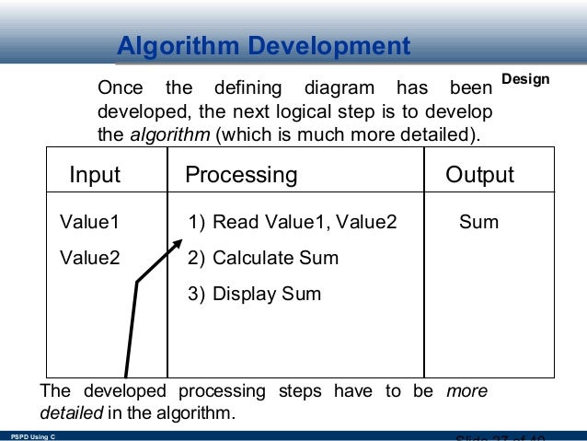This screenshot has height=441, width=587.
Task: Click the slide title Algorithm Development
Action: [264, 46]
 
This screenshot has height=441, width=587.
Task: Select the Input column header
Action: [96, 175]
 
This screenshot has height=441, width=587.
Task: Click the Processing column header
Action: [241, 175]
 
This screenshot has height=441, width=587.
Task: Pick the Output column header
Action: [479, 175]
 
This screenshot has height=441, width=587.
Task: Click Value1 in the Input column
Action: [89, 222]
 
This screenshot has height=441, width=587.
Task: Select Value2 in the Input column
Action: [89, 258]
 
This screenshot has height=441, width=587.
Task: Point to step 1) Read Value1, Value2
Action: [292, 222]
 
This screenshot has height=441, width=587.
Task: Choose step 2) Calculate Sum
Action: [263, 258]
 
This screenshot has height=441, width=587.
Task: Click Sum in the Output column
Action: [478, 222]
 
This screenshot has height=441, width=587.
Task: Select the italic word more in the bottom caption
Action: [466, 391]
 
